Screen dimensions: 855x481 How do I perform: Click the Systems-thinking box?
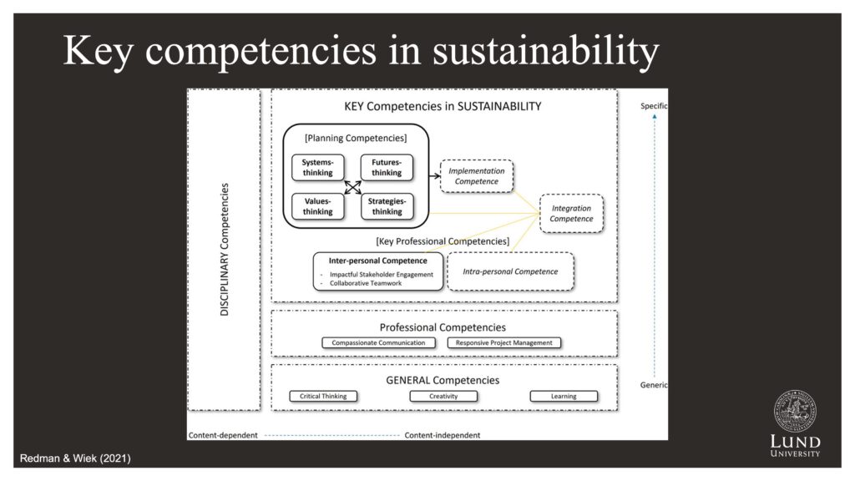pos(318,167)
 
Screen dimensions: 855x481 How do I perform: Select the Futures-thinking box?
pos(387,167)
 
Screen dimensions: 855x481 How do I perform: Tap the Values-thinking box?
pos(318,207)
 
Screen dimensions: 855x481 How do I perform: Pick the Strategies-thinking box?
pos(387,207)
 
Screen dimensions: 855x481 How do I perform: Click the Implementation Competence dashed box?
pos(477,176)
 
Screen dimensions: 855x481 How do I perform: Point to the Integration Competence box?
pos(571,214)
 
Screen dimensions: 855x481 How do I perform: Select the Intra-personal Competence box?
pos(510,271)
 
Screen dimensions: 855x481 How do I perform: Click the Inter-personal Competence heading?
pos(378,261)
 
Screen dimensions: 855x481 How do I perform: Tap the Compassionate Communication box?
pos(378,343)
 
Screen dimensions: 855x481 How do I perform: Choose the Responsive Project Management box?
pos(503,343)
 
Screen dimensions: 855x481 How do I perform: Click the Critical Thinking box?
pos(323,397)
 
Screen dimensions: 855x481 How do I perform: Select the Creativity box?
pos(443,397)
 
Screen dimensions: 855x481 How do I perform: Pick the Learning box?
pos(564,397)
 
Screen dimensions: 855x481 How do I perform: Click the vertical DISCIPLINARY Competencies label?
pos(224,249)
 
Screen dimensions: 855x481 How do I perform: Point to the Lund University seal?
pos(795,412)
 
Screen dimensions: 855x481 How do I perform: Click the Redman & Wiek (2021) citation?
pos(75,458)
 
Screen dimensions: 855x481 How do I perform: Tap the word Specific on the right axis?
pos(654,106)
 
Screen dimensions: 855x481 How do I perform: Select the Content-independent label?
pos(443,435)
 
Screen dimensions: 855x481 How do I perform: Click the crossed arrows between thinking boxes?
pos(353,188)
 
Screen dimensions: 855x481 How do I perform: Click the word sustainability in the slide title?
pos(546,52)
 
